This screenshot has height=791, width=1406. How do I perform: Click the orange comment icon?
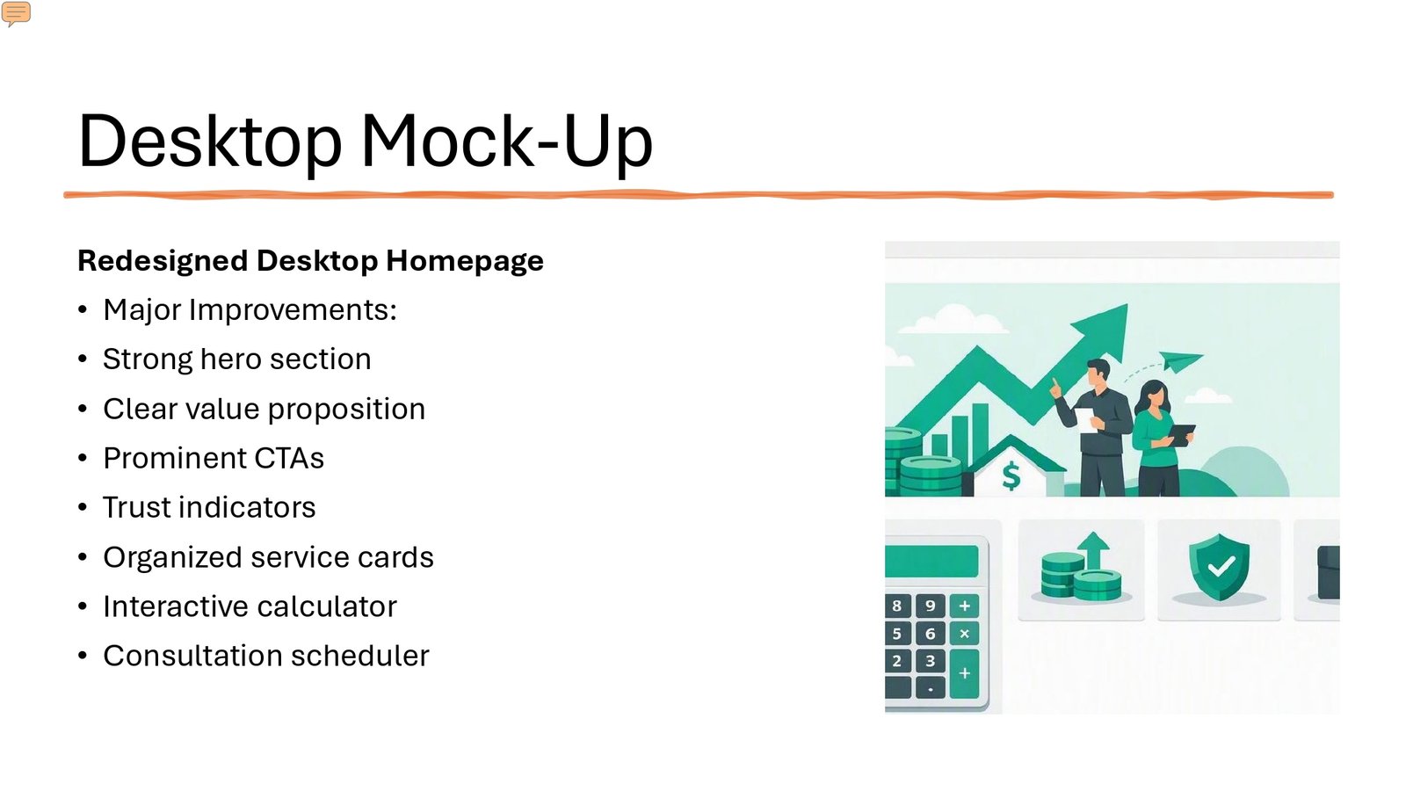(16, 13)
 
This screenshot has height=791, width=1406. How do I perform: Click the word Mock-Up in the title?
(507, 142)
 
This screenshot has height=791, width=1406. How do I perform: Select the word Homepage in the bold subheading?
(465, 261)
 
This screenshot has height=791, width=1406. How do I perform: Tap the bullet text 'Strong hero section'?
(236, 359)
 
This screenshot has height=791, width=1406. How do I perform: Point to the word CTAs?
(289, 458)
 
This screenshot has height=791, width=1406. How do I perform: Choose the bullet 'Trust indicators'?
(209, 507)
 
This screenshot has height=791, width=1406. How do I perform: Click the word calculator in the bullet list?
(326, 606)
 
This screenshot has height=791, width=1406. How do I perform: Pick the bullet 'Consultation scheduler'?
(266, 656)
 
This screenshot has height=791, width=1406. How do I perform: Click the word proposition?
(346, 410)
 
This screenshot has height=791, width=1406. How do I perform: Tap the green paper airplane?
(1179, 361)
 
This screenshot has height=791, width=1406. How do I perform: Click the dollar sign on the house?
(1011, 475)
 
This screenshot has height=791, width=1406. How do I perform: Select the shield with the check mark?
(1218, 566)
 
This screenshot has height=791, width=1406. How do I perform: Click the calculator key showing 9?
(931, 606)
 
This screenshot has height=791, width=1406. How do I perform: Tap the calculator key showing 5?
(897, 634)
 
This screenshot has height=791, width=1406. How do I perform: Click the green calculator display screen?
(931, 562)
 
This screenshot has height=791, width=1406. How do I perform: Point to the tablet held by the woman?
(1180, 434)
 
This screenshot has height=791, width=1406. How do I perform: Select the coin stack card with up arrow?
(1081, 570)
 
